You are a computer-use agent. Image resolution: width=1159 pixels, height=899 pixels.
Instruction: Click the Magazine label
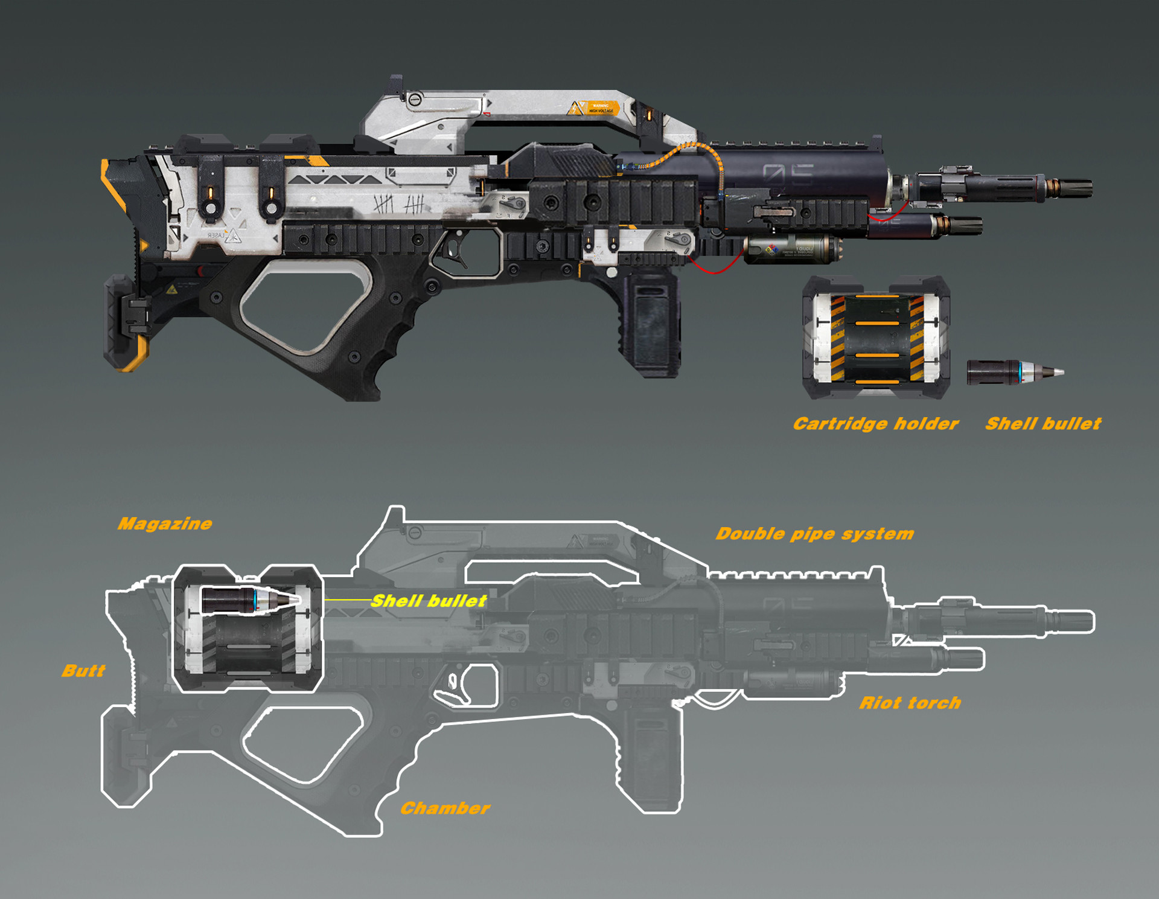click(x=165, y=523)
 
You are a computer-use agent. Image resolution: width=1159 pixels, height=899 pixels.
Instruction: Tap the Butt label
click(x=83, y=671)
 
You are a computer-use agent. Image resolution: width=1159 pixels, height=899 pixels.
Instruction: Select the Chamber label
click(x=445, y=808)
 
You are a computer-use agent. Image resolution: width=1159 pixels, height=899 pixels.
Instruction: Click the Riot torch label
click(x=910, y=703)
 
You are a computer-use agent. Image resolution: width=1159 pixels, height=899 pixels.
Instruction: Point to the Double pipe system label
click(x=814, y=534)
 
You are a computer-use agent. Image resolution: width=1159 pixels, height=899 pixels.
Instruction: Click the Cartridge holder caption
click(x=875, y=424)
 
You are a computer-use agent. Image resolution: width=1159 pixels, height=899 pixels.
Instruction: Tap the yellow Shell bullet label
click(x=428, y=601)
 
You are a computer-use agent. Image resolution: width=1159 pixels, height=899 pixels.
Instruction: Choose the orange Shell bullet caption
click(x=1043, y=424)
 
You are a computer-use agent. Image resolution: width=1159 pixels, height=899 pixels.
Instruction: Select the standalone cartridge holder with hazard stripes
click(x=876, y=338)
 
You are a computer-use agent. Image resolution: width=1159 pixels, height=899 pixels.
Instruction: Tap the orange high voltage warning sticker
click(x=600, y=108)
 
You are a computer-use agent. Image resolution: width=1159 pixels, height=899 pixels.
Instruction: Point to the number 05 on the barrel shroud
click(x=787, y=175)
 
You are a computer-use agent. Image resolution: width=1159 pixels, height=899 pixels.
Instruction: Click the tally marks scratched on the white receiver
click(x=398, y=204)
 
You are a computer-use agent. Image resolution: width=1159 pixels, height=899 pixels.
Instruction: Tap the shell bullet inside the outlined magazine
click(x=249, y=600)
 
